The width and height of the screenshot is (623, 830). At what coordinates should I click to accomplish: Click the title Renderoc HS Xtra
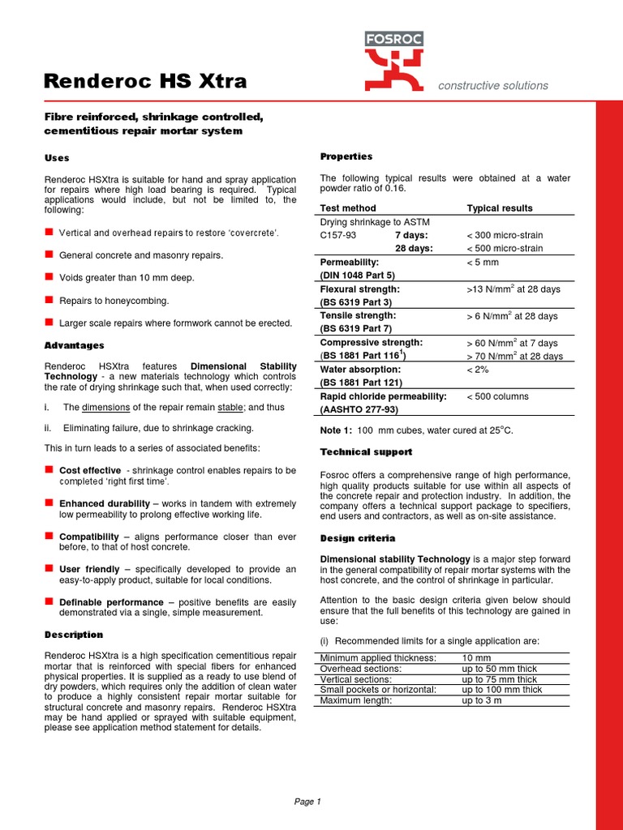point(145,81)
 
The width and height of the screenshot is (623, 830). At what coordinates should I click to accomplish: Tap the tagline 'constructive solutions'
point(492,86)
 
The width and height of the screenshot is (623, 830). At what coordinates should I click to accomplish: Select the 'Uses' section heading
point(56,158)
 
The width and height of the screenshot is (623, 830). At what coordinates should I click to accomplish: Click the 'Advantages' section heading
point(74,346)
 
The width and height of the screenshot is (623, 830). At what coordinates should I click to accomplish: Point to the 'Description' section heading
point(73,635)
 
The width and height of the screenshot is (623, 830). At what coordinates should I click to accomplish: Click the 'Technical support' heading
point(366,451)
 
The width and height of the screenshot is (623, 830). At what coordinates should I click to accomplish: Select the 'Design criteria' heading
point(358,538)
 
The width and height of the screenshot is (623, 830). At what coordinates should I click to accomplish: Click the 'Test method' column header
point(348,208)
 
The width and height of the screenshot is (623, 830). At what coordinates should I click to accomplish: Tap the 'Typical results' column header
point(500,208)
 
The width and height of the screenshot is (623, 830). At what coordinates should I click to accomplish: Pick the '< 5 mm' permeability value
point(483,263)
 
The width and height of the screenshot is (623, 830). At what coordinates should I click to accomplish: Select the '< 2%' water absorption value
point(478,370)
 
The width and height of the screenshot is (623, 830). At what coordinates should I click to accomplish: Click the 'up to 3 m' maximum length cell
point(482,700)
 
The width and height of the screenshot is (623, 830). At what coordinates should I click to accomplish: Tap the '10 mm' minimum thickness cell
point(475,657)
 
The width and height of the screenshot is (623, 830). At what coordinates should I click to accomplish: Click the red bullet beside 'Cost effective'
point(49,469)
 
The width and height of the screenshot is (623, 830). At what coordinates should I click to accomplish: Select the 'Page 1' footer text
point(307,802)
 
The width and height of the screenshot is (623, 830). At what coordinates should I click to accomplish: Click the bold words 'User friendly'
point(90,570)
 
